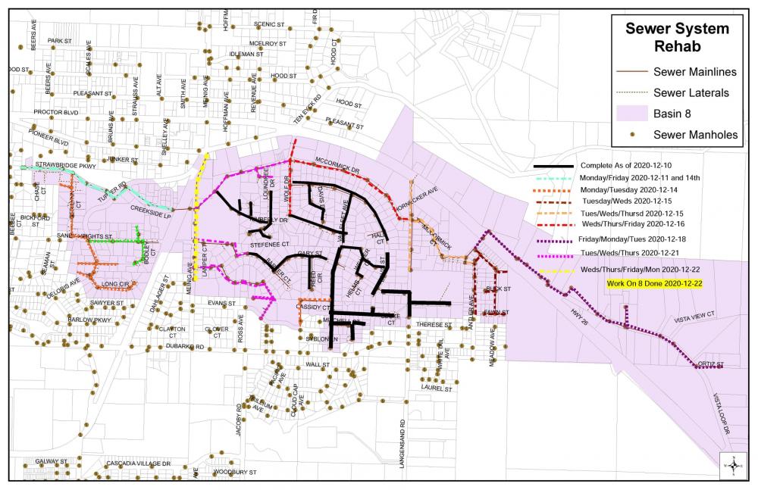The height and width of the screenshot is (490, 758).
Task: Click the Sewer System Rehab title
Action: coord(677,38)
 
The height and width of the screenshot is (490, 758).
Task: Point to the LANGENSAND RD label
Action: coord(403,439)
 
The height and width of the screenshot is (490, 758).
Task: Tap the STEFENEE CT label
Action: coord(271,245)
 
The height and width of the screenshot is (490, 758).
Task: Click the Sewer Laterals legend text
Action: coord(691,93)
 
